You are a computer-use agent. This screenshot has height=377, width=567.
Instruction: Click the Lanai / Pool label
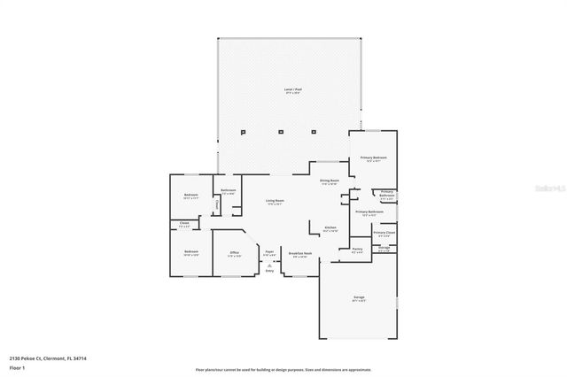pos(289,89)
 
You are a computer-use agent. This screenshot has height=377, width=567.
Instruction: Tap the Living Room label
pos(275,201)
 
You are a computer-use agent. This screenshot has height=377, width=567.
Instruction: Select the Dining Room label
pos(330,181)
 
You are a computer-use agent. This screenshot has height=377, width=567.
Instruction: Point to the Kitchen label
pos(330,228)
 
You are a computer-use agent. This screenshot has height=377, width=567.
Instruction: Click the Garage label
pos(359,297)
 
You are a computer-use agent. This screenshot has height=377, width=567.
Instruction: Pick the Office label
pos(235,253)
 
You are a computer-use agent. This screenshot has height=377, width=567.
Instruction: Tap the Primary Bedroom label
pos(373,158)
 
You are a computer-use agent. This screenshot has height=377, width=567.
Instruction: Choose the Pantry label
pos(358,249)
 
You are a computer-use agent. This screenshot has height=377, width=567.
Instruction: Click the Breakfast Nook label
pos(300,253)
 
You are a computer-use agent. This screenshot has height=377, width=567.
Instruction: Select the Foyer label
pos(268,253)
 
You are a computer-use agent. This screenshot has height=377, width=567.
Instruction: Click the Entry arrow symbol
pos(269,264)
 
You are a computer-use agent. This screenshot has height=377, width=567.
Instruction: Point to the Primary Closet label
pos(384,233)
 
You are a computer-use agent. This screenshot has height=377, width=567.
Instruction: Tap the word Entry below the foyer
pos(269,271)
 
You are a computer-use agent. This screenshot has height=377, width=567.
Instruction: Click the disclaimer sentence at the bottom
pos(283,369)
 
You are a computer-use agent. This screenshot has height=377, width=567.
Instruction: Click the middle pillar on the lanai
pos(281,133)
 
